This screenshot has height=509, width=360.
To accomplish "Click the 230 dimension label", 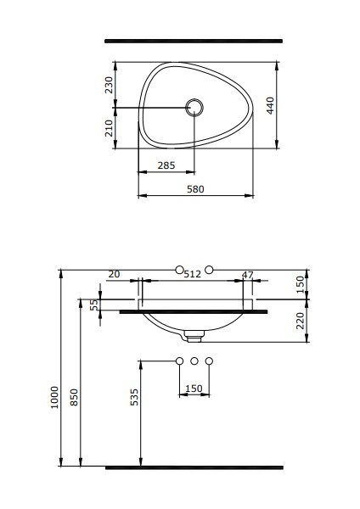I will (109, 85).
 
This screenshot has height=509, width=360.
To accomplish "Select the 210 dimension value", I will (109, 128).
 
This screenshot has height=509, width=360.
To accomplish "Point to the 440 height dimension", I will (270, 105).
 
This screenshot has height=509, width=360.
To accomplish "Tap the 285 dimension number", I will (167, 166).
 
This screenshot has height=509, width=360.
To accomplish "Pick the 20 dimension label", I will (114, 273).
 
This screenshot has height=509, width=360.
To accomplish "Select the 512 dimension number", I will (193, 273).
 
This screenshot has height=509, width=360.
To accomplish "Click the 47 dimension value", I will (247, 273).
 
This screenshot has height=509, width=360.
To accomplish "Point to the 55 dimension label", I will (94, 305).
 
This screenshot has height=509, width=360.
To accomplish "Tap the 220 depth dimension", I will (301, 321).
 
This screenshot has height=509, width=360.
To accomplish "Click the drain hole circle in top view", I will (194, 107).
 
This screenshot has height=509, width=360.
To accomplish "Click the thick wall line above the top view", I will (193, 40).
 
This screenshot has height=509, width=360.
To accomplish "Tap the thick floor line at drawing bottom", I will (193, 467).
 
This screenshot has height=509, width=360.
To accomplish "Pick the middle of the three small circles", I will (194, 362).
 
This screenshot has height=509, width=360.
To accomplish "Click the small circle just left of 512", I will (178, 270).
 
